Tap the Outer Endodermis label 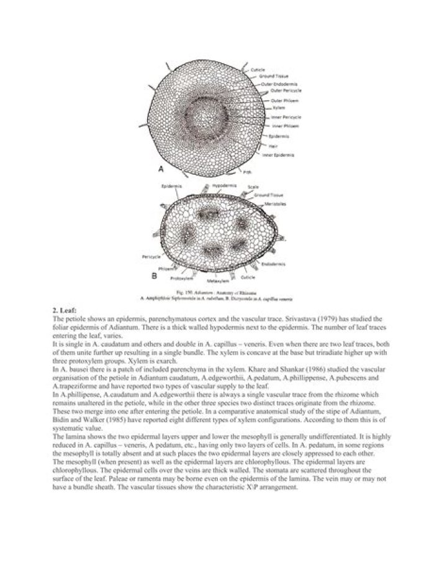[284, 83]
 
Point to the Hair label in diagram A [273, 146]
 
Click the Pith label [264, 173]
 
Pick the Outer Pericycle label [285, 91]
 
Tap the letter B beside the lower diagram [153, 274]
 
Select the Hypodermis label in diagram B [222, 186]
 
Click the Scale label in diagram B [253, 187]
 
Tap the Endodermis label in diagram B [273, 264]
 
